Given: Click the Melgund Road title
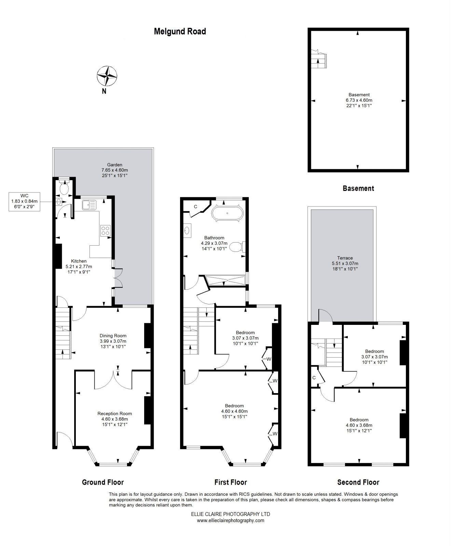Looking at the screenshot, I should click(180, 31).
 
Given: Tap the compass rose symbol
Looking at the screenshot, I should click(107, 76).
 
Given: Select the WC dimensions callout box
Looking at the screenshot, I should click(24, 201).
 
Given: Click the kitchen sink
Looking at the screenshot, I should click(90, 205).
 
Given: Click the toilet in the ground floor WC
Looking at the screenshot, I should click(64, 187).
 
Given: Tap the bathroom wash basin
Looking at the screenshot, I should click(187, 231).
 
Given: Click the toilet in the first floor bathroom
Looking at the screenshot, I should click(236, 246).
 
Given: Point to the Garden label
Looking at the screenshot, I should click(114, 170).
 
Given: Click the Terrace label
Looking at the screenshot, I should click(345, 263).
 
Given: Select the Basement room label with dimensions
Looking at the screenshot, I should click(359, 100).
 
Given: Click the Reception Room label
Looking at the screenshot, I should click(114, 419).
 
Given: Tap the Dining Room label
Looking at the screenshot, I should click(113, 341).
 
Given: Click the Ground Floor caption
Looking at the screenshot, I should click(103, 482).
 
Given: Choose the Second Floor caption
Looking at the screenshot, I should click(358, 482).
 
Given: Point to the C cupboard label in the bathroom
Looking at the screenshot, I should click(196, 206).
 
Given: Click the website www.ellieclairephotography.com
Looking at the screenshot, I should click(230, 520).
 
